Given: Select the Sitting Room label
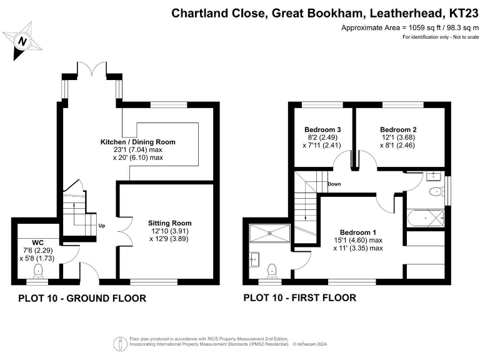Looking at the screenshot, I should click(x=169, y=223).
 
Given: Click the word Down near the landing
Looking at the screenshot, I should click(x=334, y=184).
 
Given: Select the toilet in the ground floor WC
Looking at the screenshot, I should click(x=38, y=270).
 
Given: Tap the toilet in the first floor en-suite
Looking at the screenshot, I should click(x=271, y=269).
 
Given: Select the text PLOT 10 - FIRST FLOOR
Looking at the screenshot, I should click(x=300, y=298).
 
